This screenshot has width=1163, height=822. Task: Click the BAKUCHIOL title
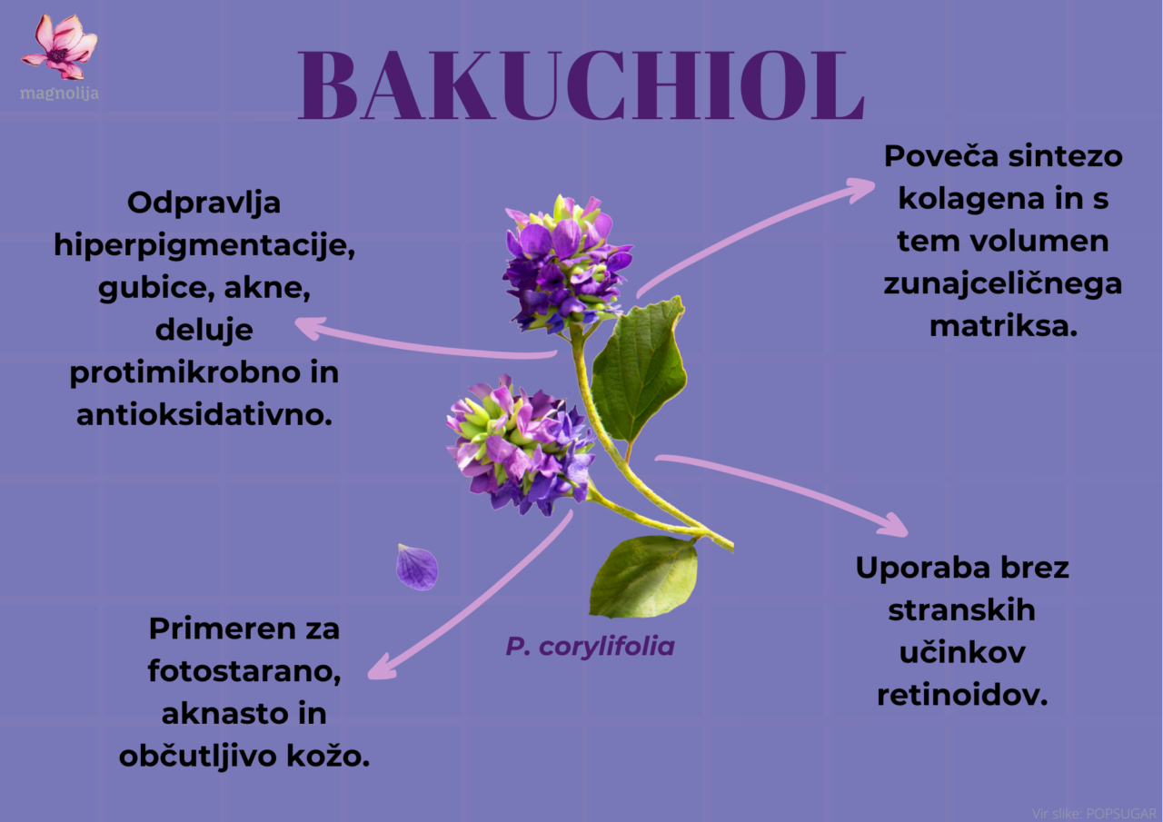coord(581,85)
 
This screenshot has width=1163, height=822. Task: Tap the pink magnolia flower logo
coord(59,46)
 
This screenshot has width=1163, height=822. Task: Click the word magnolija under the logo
coord(59,94)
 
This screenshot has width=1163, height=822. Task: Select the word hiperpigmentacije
coord(204,245)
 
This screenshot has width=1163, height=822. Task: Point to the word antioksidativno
coord(204,414)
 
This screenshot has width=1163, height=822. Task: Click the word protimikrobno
coord(184,373)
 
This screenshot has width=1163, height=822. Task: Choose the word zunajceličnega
coord(1002,285)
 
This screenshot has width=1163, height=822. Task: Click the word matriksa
coord(1003,327)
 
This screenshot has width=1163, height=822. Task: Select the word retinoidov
coord(962,695)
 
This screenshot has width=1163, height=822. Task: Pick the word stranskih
coord(961,610)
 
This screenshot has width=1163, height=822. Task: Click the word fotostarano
coord(244,671)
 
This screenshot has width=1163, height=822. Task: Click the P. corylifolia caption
coord(591,647)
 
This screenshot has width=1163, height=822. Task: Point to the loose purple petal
coord(417,567)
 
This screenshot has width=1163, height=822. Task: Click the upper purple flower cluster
coord(567,264)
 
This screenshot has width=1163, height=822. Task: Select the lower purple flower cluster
coord(519,446)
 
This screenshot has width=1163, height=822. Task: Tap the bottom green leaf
coord(644,577)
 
